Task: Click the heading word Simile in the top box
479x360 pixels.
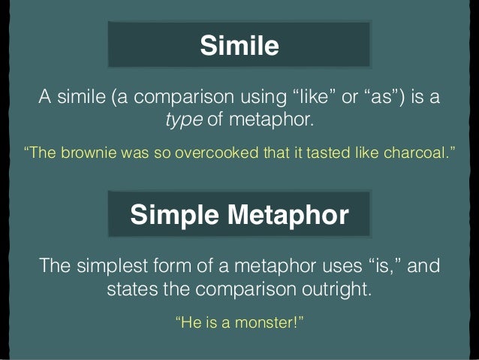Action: tap(239, 47)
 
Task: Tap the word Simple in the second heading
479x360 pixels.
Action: tap(172, 216)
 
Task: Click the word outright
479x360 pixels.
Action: tap(336, 289)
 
